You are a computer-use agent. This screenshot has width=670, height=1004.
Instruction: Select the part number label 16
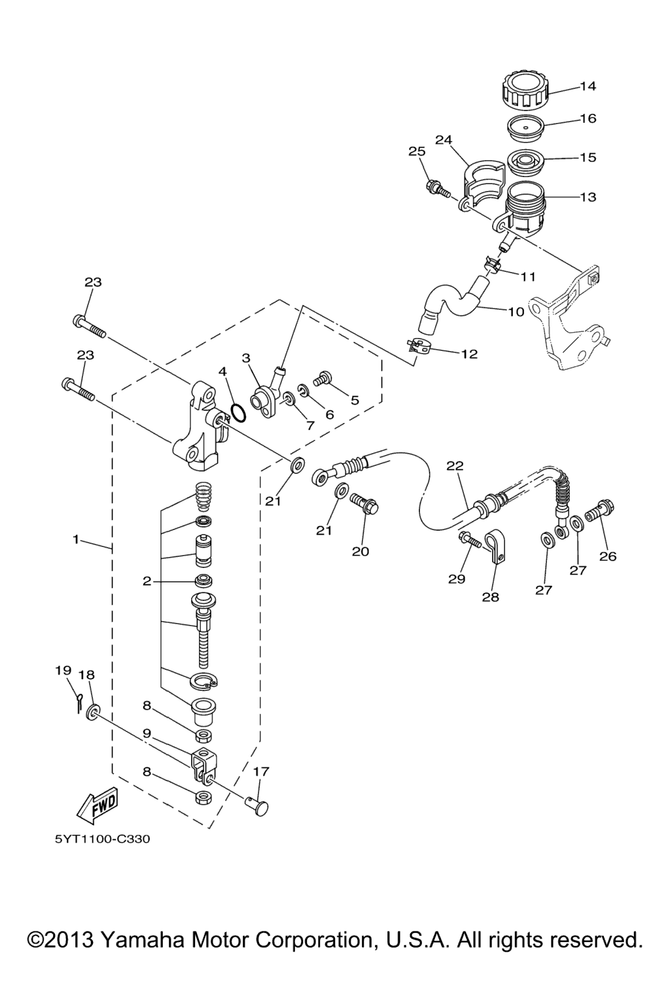pyautogui.click(x=588, y=118)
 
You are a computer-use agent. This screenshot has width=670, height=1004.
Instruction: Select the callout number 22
pyautogui.click(x=454, y=465)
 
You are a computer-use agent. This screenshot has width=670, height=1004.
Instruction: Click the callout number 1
pyautogui.click(x=77, y=539)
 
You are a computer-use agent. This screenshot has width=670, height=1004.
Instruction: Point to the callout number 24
pyautogui.click(x=444, y=140)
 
